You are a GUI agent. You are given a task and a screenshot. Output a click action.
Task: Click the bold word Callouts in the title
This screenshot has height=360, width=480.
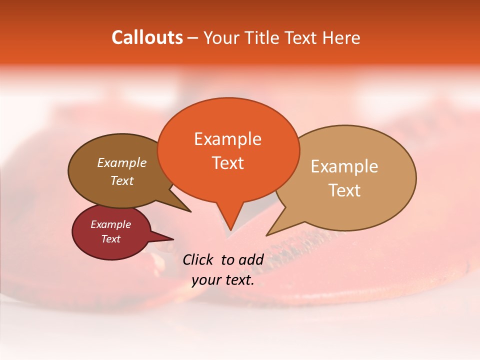[147, 37]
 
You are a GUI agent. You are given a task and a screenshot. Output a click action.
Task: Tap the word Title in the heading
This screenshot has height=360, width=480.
[262, 37]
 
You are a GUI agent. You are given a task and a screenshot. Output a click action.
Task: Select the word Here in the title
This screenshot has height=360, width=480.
[340, 37]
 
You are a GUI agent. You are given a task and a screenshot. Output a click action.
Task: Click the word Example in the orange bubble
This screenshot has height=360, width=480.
[227, 139]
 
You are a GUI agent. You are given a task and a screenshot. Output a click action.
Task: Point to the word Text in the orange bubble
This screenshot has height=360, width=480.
[227, 163]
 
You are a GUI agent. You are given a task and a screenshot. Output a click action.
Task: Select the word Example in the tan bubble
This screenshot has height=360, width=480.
[344, 166]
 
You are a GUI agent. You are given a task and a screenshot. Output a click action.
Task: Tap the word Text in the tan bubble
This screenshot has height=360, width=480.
[344, 190]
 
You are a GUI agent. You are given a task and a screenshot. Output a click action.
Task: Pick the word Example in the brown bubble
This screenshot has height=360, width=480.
[121, 163]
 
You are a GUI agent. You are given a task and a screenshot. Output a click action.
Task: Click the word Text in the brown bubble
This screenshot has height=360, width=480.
[121, 181]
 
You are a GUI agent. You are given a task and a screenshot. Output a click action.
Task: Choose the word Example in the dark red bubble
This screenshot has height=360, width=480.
[110, 224]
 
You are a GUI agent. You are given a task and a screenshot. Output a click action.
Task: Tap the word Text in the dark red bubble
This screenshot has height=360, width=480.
[110, 239]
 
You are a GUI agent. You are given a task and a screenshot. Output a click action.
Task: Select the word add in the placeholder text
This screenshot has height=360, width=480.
[251, 259]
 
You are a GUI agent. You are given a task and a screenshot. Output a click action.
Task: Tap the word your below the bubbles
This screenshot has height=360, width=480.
[205, 280]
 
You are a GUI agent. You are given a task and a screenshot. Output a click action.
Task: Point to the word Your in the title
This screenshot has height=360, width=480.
[220, 37]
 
